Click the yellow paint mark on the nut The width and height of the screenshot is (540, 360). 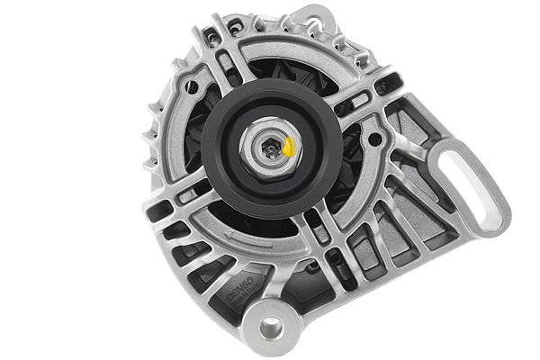tap(291, 147)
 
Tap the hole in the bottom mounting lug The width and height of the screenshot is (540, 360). tap(272, 326)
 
